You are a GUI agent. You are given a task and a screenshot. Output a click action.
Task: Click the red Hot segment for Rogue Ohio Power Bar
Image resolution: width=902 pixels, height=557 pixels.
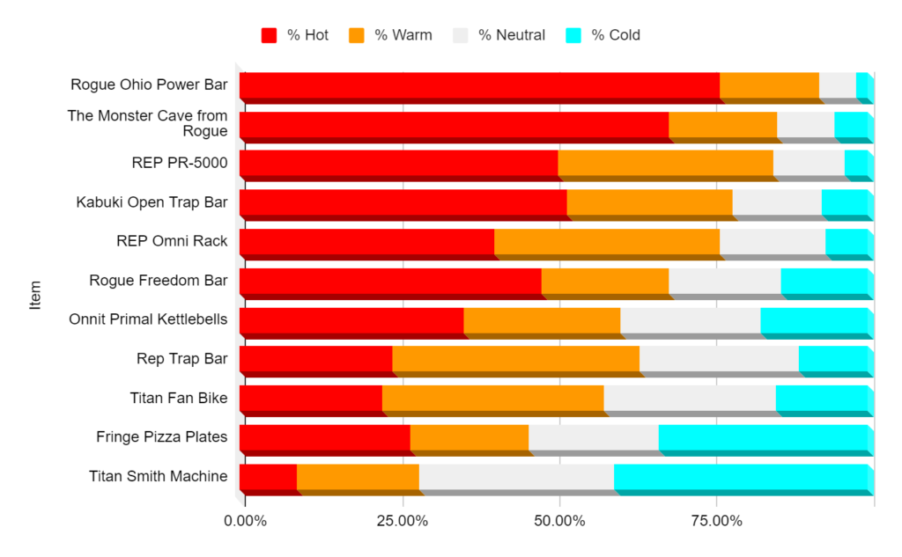point(479,85)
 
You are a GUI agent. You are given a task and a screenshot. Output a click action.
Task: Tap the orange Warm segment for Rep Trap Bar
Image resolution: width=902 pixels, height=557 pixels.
point(515,359)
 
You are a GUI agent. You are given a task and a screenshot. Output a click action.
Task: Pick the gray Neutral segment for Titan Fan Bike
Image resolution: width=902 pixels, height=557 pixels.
point(690,399)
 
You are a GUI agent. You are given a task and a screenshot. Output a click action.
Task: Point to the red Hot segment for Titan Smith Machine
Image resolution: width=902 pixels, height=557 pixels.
point(268,477)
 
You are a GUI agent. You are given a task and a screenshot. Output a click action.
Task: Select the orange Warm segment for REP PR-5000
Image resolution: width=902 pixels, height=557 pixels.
point(665,164)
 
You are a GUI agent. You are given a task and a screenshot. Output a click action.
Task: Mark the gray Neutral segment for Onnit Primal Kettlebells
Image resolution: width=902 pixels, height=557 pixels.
point(690,320)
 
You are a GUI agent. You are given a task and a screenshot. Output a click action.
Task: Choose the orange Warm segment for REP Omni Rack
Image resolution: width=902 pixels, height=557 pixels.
point(607,242)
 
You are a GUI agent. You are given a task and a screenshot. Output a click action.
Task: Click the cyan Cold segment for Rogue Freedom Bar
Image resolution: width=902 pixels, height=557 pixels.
point(824,281)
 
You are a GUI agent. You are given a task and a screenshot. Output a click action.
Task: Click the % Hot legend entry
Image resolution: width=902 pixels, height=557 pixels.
point(295,35)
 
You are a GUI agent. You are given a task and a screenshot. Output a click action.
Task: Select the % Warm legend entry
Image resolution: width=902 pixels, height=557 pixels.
point(390,35)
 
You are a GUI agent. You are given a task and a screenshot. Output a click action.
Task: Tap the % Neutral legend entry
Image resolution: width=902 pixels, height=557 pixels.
point(499,35)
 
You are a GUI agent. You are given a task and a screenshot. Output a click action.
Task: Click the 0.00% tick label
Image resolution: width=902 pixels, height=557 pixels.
point(245,521)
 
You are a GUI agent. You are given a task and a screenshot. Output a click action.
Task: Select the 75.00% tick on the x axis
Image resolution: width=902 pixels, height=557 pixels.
point(716,521)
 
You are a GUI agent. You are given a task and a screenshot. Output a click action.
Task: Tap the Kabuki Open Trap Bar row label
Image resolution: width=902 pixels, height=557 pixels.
point(152,202)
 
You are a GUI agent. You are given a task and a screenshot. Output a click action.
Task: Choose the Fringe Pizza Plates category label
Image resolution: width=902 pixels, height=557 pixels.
point(161,437)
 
